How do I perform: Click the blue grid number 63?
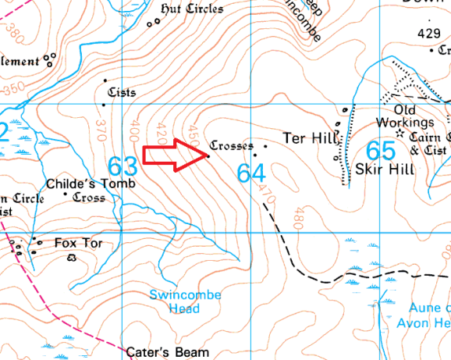pos(123,166)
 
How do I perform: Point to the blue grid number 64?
pos(252,173)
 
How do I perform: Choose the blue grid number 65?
pos(381,150)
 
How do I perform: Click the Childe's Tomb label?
pos(91,184)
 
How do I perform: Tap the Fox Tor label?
pos(78,243)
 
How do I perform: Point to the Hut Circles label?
pos(191,9)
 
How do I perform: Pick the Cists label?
pos(122,92)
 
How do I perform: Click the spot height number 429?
pos(428,34)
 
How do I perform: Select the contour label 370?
pos(100,130)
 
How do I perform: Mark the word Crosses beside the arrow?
pos(232,146)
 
